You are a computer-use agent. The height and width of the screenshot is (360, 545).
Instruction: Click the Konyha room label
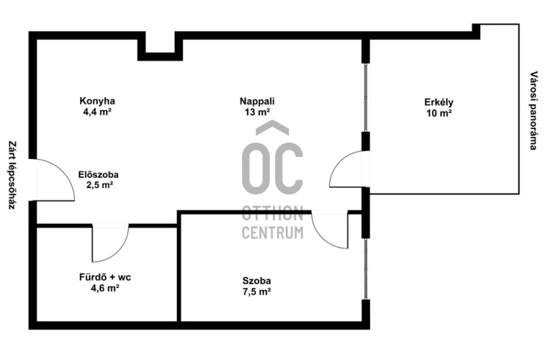(97, 101)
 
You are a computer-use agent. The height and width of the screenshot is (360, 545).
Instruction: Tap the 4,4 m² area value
(97, 112)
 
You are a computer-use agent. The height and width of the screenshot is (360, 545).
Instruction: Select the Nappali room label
(257, 101)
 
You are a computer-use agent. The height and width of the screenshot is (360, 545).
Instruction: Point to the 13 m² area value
(258, 112)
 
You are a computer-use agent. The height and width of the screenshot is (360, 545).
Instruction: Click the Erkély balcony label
(439, 102)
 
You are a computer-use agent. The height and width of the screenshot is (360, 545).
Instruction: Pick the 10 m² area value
(439, 113)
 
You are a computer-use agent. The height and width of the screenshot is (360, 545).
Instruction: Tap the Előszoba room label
(99, 174)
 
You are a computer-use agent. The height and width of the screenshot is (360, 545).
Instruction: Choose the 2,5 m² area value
(99, 185)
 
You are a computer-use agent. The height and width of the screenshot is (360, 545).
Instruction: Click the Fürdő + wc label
(105, 277)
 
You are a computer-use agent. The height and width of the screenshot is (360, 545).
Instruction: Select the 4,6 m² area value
(105, 288)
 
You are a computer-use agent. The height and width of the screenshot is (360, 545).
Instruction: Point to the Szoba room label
(257, 280)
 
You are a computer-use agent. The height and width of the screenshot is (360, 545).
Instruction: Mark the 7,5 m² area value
(257, 291)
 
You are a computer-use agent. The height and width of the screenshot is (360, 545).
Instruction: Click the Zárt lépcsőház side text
(12, 175)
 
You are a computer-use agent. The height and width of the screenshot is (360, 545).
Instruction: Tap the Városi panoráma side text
(533, 110)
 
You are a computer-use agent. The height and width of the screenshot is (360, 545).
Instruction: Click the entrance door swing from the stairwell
(66, 174)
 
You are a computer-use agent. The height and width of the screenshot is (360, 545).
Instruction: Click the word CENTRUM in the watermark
(272, 233)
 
